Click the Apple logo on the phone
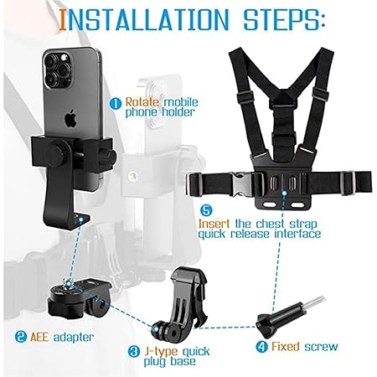[x=71, y=119]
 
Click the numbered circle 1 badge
[x=116, y=104]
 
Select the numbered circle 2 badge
[x=21, y=337]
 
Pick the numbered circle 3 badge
[x=134, y=351]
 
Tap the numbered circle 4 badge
[x=261, y=347]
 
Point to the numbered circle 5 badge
[x=206, y=210]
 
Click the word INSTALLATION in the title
[x=144, y=19]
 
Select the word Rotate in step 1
[x=142, y=102]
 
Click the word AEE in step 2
[x=39, y=337]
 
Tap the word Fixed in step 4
[x=286, y=347]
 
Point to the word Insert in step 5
[x=214, y=224]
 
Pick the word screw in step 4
[x=321, y=347]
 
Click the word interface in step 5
[x=297, y=234]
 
